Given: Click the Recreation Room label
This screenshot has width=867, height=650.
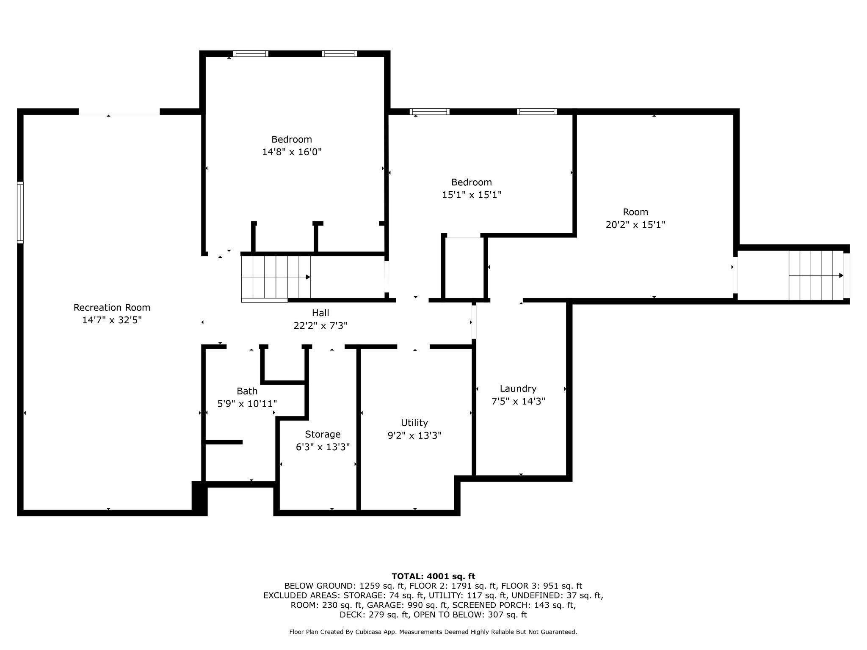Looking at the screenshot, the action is [x=112, y=308].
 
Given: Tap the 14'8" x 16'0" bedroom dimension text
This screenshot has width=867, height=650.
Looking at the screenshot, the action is [x=292, y=152].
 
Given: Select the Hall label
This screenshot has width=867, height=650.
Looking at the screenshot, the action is [x=320, y=313].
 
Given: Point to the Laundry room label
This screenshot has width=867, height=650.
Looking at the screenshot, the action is [x=518, y=389].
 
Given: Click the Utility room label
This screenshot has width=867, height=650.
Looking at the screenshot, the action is [x=414, y=423].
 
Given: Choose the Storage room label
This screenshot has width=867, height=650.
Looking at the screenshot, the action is [x=323, y=435].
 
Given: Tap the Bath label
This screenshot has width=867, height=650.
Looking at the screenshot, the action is [x=247, y=391].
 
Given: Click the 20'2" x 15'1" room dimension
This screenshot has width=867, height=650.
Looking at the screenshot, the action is [x=635, y=225].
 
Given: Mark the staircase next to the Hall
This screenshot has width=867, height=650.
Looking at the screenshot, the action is [x=276, y=277].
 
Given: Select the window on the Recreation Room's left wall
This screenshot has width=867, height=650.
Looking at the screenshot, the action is [x=20, y=212].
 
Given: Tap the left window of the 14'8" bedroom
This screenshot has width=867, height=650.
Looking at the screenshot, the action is [x=251, y=54].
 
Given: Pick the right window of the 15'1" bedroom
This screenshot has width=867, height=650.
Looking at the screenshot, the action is [x=537, y=112].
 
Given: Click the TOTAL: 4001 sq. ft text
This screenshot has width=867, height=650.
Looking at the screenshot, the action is [x=433, y=576].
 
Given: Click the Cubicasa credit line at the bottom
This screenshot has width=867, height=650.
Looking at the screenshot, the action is [x=433, y=632].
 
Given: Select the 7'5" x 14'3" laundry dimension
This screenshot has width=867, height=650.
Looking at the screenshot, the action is [x=518, y=401].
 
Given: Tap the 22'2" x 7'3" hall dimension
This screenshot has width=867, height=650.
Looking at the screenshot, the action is [x=320, y=326].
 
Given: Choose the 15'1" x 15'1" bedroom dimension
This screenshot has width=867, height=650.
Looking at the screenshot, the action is [x=472, y=195].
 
